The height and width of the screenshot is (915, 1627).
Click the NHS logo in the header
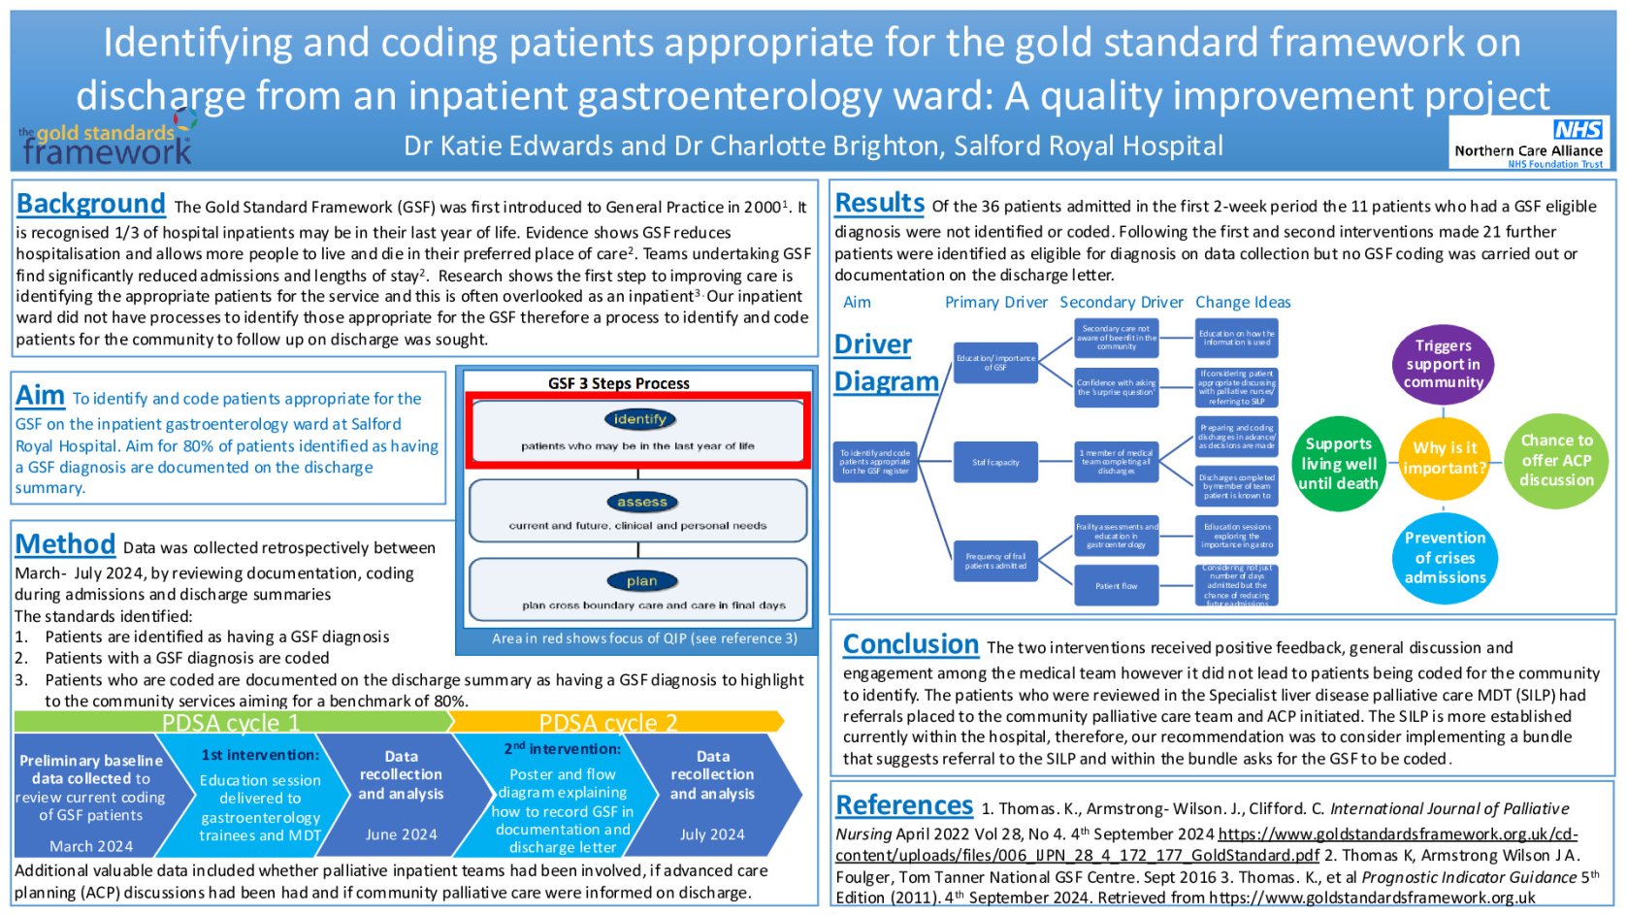click(x=1577, y=130)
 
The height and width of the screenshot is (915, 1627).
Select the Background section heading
click(x=91, y=204)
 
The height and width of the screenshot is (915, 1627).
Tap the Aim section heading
click(x=40, y=396)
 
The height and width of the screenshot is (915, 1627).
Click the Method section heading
click(x=65, y=544)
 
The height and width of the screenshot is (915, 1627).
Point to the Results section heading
click(x=879, y=203)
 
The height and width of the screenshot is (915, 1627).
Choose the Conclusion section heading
click(x=910, y=644)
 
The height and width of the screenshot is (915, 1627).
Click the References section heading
click(x=903, y=805)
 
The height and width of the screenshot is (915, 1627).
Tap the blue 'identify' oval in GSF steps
click(x=639, y=419)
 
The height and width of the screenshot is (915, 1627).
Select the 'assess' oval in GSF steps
click(x=641, y=502)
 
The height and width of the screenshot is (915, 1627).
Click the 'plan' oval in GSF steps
click(x=641, y=581)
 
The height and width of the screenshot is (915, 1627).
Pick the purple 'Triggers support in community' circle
click(x=1443, y=364)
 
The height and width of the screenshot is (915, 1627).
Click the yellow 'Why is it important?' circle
click(x=1444, y=458)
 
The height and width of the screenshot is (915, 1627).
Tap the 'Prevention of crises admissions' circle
click(x=1444, y=557)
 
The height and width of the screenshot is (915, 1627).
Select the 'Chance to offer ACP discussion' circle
click(x=1555, y=460)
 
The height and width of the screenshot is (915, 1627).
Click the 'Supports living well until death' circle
click(x=1338, y=464)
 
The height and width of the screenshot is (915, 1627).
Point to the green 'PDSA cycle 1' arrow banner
click(x=231, y=722)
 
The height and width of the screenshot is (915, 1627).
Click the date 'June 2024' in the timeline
click(x=401, y=834)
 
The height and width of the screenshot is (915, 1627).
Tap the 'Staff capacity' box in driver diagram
click(x=995, y=462)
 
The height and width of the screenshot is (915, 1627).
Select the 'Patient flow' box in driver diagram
click(x=1116, y=586)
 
